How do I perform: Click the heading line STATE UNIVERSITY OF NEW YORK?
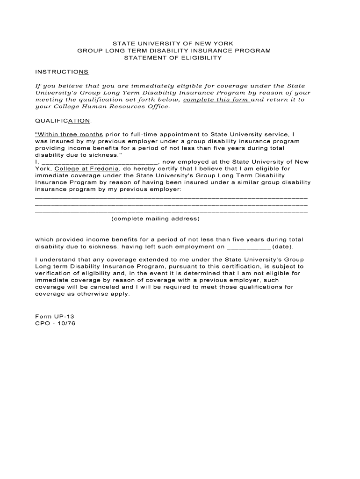click(173, 44)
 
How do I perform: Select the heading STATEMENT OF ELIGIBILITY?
click(173, 58)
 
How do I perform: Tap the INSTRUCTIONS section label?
click(62, 72)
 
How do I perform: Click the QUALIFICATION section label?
click(63, 121)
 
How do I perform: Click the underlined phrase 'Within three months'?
click(69, 134)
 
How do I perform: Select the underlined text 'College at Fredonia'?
click(86, 169)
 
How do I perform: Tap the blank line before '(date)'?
click(248, 247)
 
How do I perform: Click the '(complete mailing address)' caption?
click(155, 219)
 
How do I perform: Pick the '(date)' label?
click(282, 247)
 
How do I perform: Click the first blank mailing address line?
click(171, 198)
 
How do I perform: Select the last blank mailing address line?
click(171, 212)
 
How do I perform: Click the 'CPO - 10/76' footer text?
click(55, 323)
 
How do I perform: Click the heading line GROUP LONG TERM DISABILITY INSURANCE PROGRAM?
click(173, 51)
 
